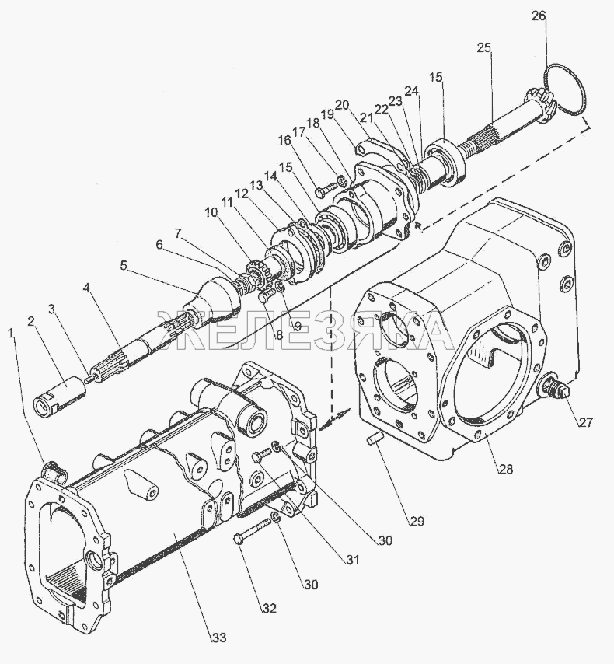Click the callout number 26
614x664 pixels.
point(539,16)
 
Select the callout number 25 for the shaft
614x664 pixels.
point(484,47)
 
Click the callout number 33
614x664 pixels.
point(218,638)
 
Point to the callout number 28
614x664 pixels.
point(505,469)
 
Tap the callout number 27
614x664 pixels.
point(585,421)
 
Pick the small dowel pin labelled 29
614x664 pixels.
point(372,440)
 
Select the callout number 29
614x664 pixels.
point(417,521)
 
